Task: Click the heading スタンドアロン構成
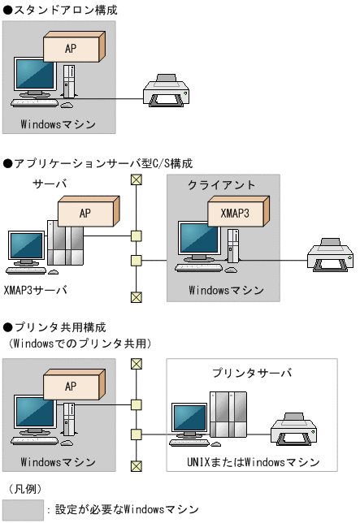[60, 11]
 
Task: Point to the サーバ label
[50, 184]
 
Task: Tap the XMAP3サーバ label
[36, 289]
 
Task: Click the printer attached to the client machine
[329, 253]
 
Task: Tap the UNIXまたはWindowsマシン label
[252, 463]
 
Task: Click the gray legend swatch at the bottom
[22, 509]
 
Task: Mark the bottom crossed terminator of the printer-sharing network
[136, 466]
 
